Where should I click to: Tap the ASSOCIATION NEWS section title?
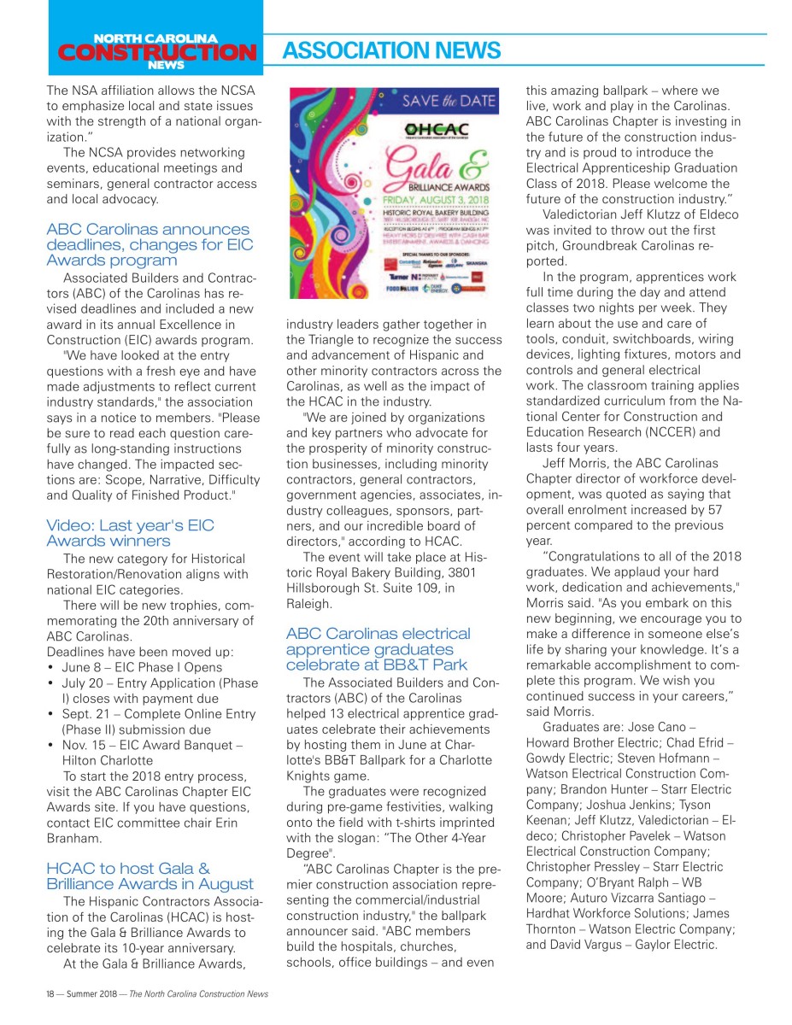tap(391, 51)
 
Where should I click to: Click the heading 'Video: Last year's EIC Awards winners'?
tap(131, 533)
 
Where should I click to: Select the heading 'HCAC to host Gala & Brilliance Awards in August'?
tap(150, 876)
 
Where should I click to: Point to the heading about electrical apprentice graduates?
tap(378, 648)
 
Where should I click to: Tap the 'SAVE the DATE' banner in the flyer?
tap(449, 101)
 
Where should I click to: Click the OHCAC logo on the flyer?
tap(443, 130)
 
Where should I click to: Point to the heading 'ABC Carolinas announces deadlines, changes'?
tap(148, 244)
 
